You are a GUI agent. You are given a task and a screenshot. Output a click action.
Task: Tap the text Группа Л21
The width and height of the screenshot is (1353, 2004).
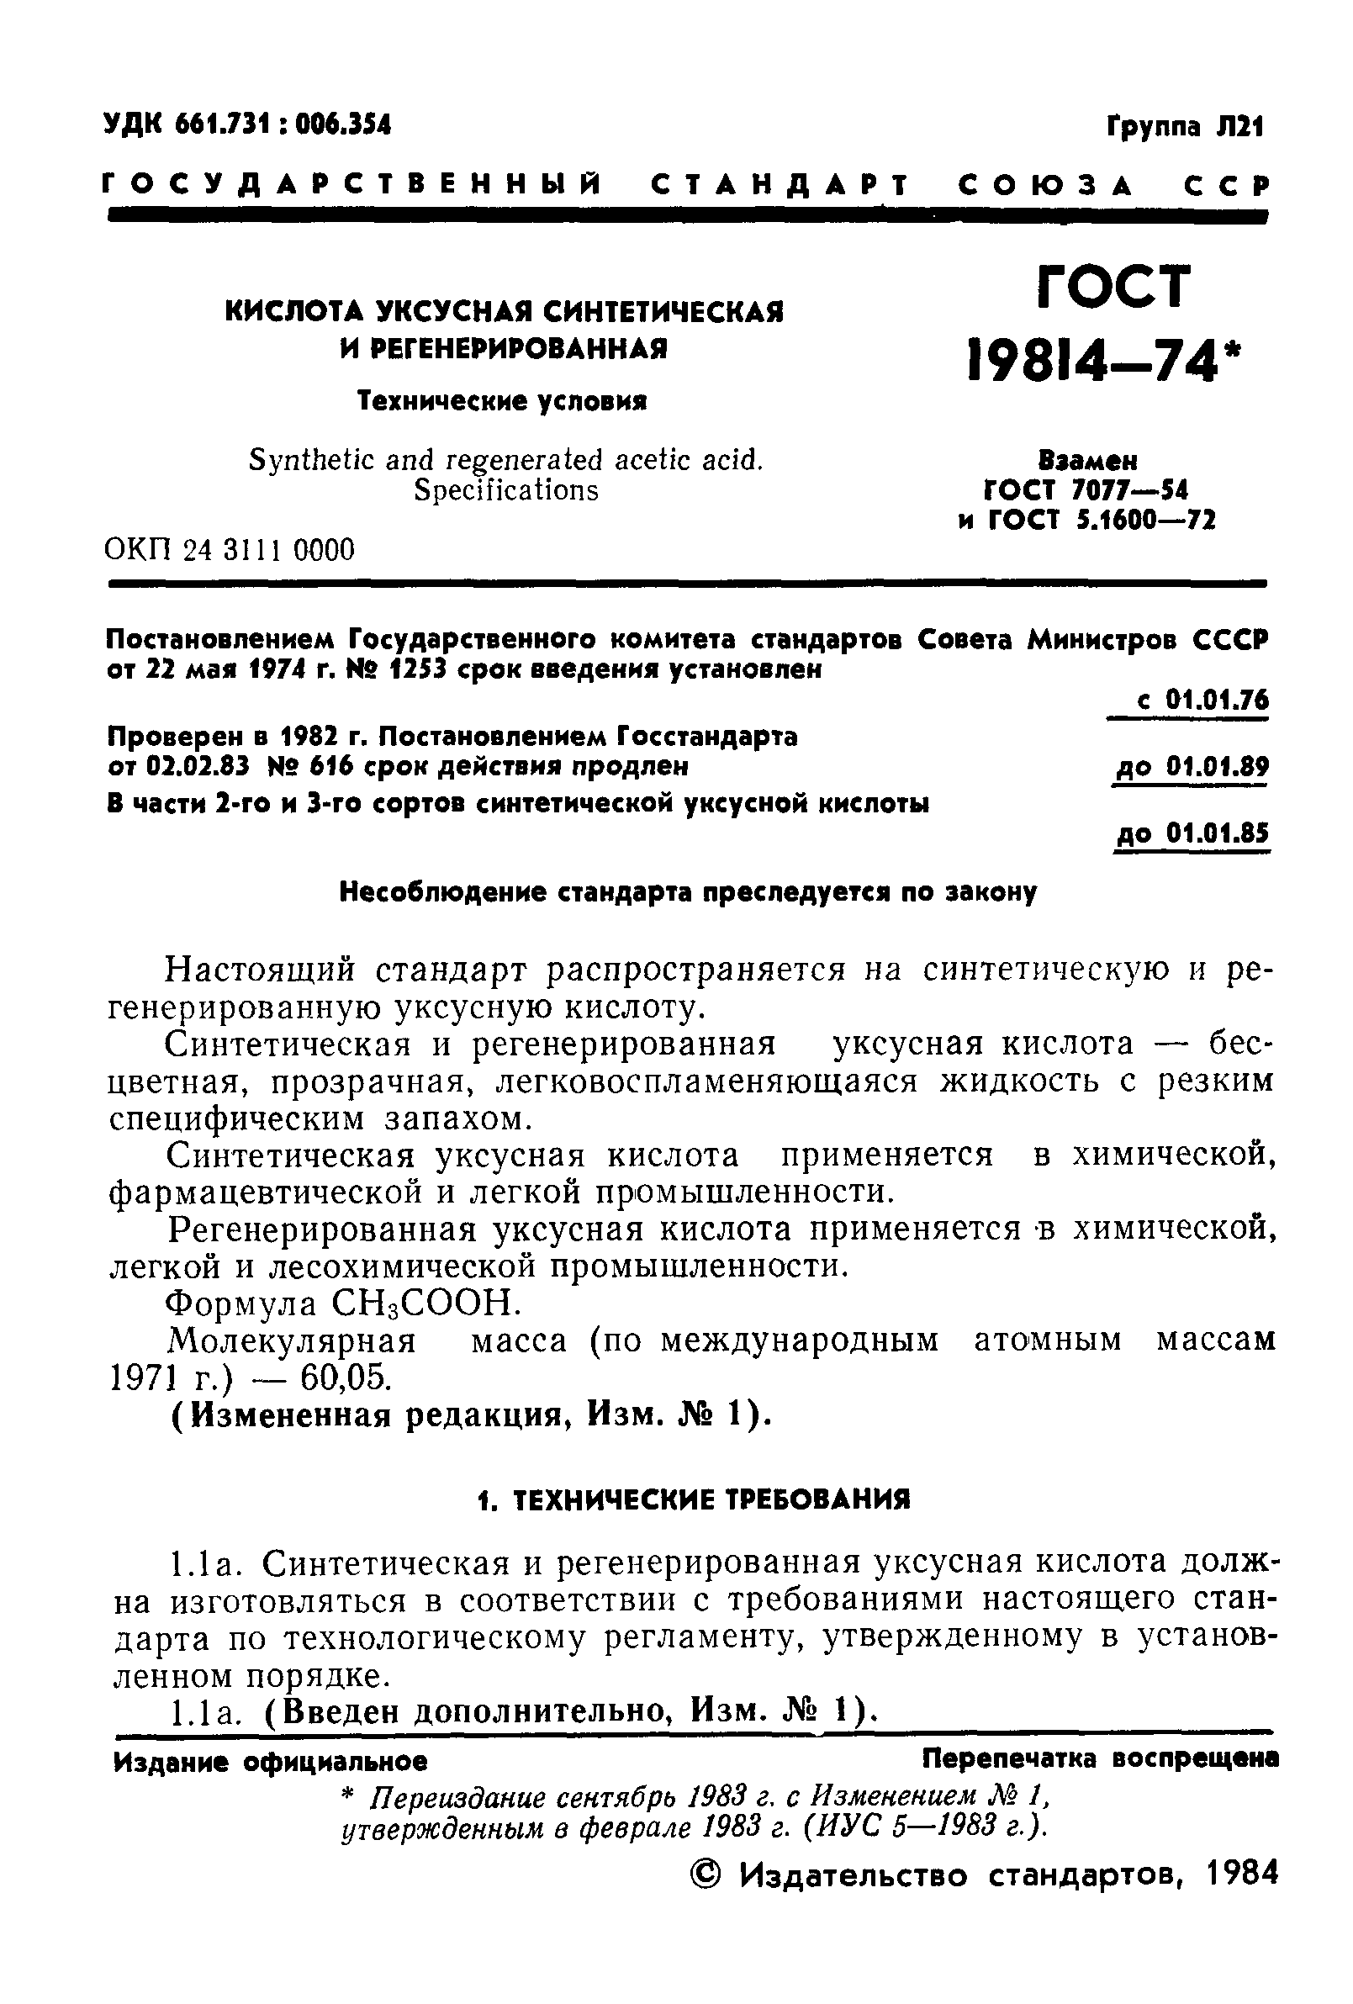[1183, 128]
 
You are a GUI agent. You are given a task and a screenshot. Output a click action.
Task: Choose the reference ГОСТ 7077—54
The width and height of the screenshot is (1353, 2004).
[1086, 490]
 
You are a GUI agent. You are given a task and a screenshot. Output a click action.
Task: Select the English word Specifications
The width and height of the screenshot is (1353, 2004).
[505, 489]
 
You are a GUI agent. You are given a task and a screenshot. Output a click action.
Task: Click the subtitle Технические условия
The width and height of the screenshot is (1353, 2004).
[502, 401]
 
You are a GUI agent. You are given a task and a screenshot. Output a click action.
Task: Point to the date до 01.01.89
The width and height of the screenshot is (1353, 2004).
[1191, 767]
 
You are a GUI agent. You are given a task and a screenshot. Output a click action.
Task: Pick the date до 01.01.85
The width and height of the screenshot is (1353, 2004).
[1192, 834]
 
